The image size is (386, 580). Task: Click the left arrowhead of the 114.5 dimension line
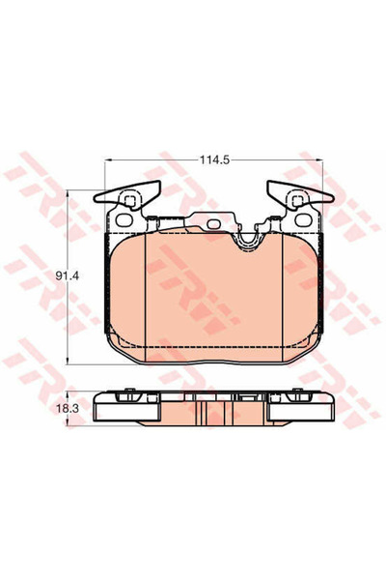105,160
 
